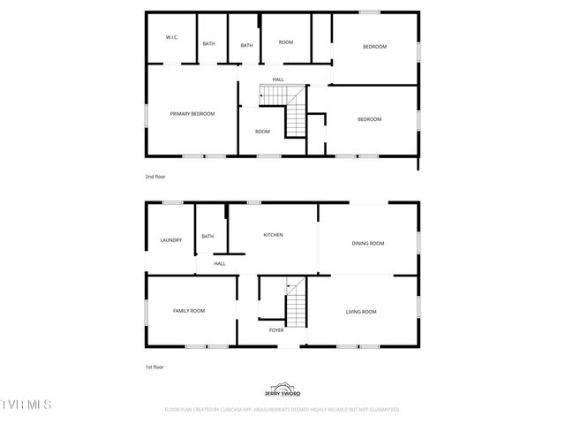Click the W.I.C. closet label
[172, 37]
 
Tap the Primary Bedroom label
[192, 114]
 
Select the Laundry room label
[170, 240]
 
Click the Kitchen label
[273, 235]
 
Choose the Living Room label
[360, 312]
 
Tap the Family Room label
[189, 311]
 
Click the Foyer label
[276, 330]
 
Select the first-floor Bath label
[207, 236]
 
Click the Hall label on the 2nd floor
[277, 79]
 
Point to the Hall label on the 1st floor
[220, 263]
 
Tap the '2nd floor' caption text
[155, 177]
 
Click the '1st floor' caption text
[154, 367]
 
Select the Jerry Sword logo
[282, 390]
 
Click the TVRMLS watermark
[26, 405]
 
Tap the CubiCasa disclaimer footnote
[282, 410]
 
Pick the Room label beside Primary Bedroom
[262, 132]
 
